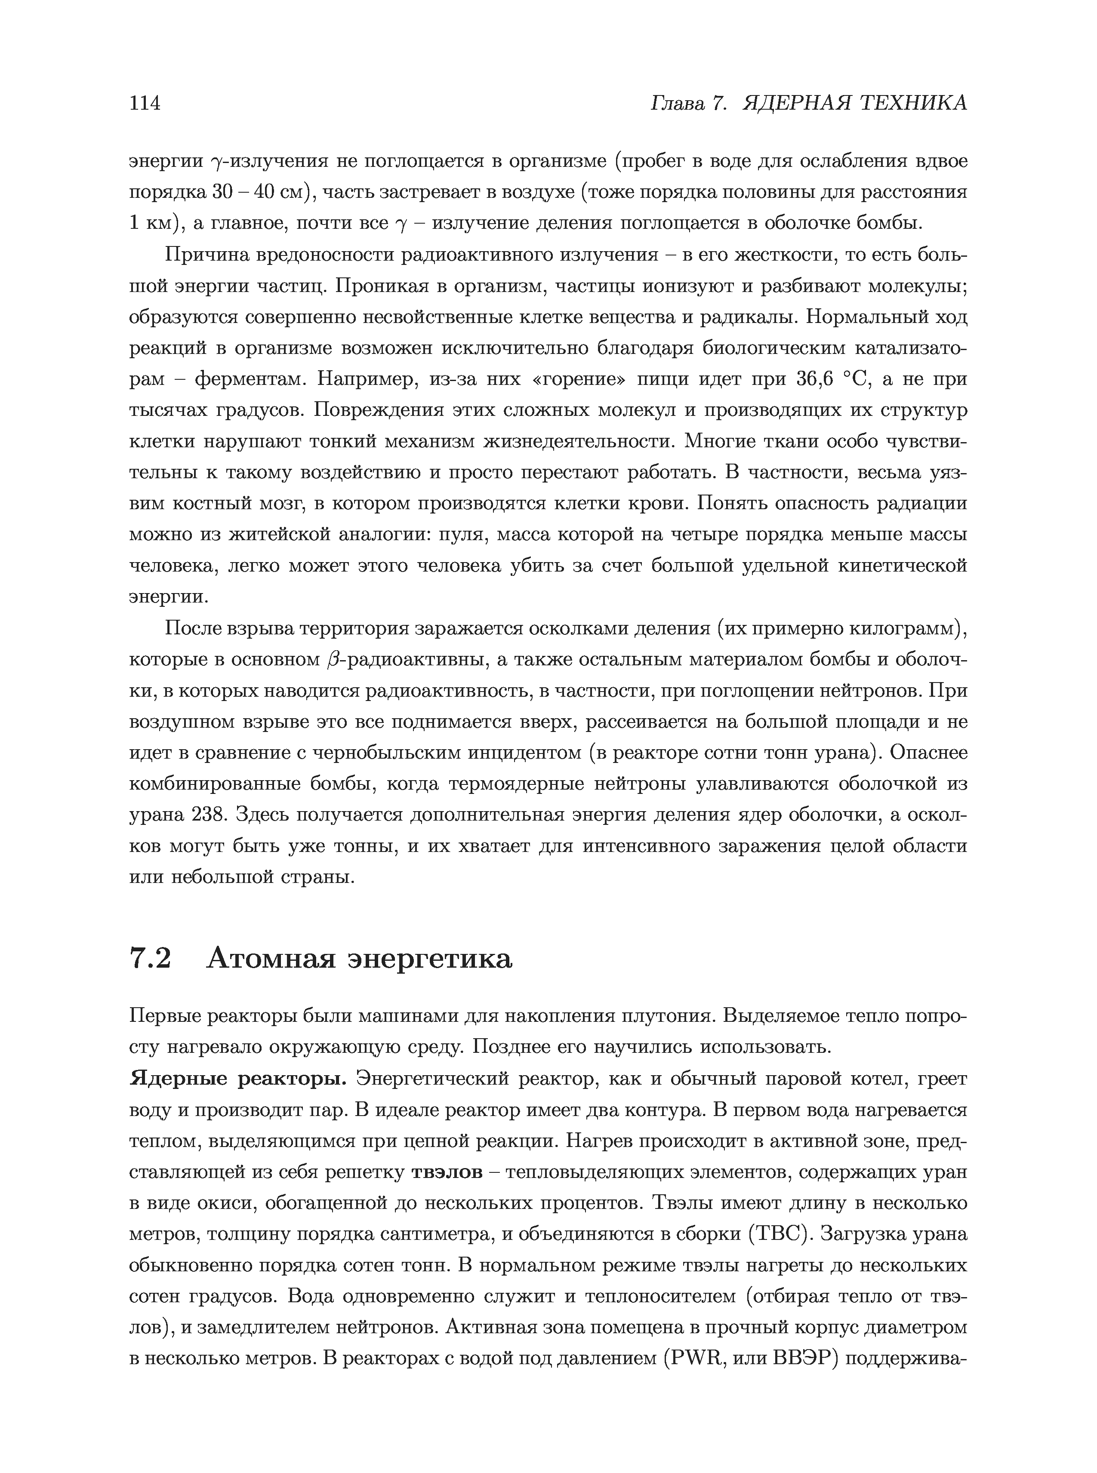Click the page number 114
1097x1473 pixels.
145,103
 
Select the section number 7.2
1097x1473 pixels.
151,959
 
